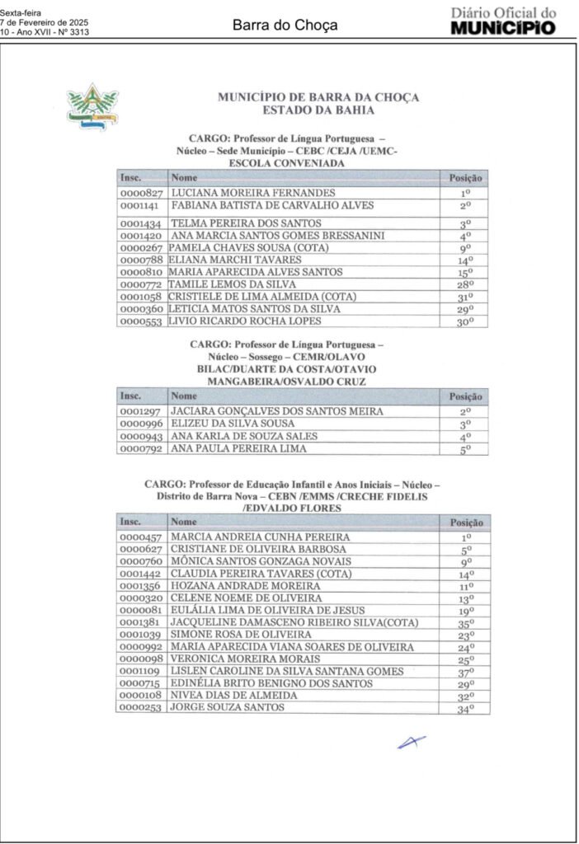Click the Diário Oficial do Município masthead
(503, 21)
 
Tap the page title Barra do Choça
(285, 26)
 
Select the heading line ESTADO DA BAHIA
(318, 110)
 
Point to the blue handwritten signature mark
(412, 742)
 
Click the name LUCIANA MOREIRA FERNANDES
(252, 193)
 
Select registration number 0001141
(141, 205)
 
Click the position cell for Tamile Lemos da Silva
(465, 284)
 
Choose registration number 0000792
(141, 449)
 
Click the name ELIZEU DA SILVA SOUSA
(233, 424)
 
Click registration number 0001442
(141, 574)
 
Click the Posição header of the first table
(465, 177)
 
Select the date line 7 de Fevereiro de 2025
(44, 22)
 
